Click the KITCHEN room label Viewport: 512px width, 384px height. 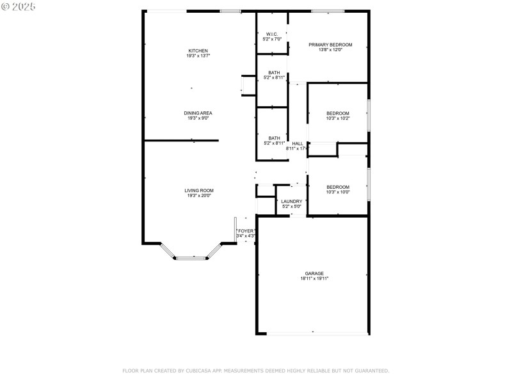198,51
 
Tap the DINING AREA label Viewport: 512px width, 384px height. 198,113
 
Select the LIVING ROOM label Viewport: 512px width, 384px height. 199,190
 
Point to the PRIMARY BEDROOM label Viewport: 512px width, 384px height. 330,45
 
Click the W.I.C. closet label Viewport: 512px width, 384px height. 272,34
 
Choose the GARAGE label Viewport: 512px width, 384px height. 314,273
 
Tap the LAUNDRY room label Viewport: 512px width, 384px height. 292,201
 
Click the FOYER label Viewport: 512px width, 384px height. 246,231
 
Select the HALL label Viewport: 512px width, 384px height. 298,143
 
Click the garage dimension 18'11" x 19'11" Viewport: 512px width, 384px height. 314,278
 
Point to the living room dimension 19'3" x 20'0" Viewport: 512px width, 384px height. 199,195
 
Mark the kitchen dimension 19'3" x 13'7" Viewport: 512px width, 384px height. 198,56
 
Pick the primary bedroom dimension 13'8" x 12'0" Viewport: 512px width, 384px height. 330,50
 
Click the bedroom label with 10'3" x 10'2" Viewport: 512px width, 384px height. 338,113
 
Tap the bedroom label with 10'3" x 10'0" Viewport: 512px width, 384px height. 338,187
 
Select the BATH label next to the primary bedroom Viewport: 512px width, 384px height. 274,72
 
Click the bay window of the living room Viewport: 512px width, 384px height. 191,257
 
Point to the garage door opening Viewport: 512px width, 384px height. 314,333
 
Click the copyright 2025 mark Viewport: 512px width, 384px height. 19,6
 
